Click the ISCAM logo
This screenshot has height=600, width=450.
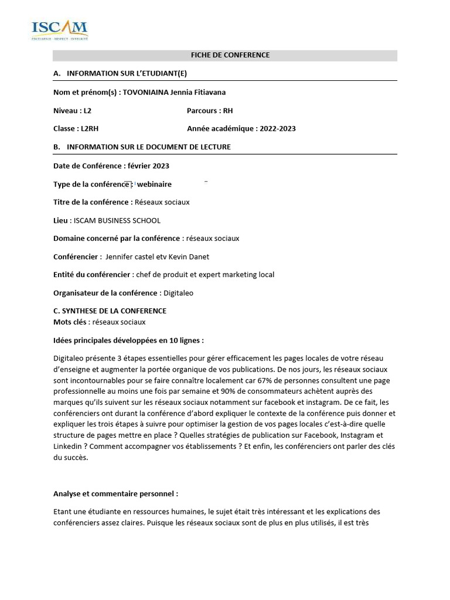59,30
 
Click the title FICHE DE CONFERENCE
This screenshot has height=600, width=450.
230,55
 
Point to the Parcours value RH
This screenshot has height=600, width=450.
228,110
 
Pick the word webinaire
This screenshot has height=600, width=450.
154,184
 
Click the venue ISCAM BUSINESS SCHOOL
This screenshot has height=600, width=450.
117,220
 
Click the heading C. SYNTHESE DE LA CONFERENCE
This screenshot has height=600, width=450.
110,311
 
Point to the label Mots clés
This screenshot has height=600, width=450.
71,322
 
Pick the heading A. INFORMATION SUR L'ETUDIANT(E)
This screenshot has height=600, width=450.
120,73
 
